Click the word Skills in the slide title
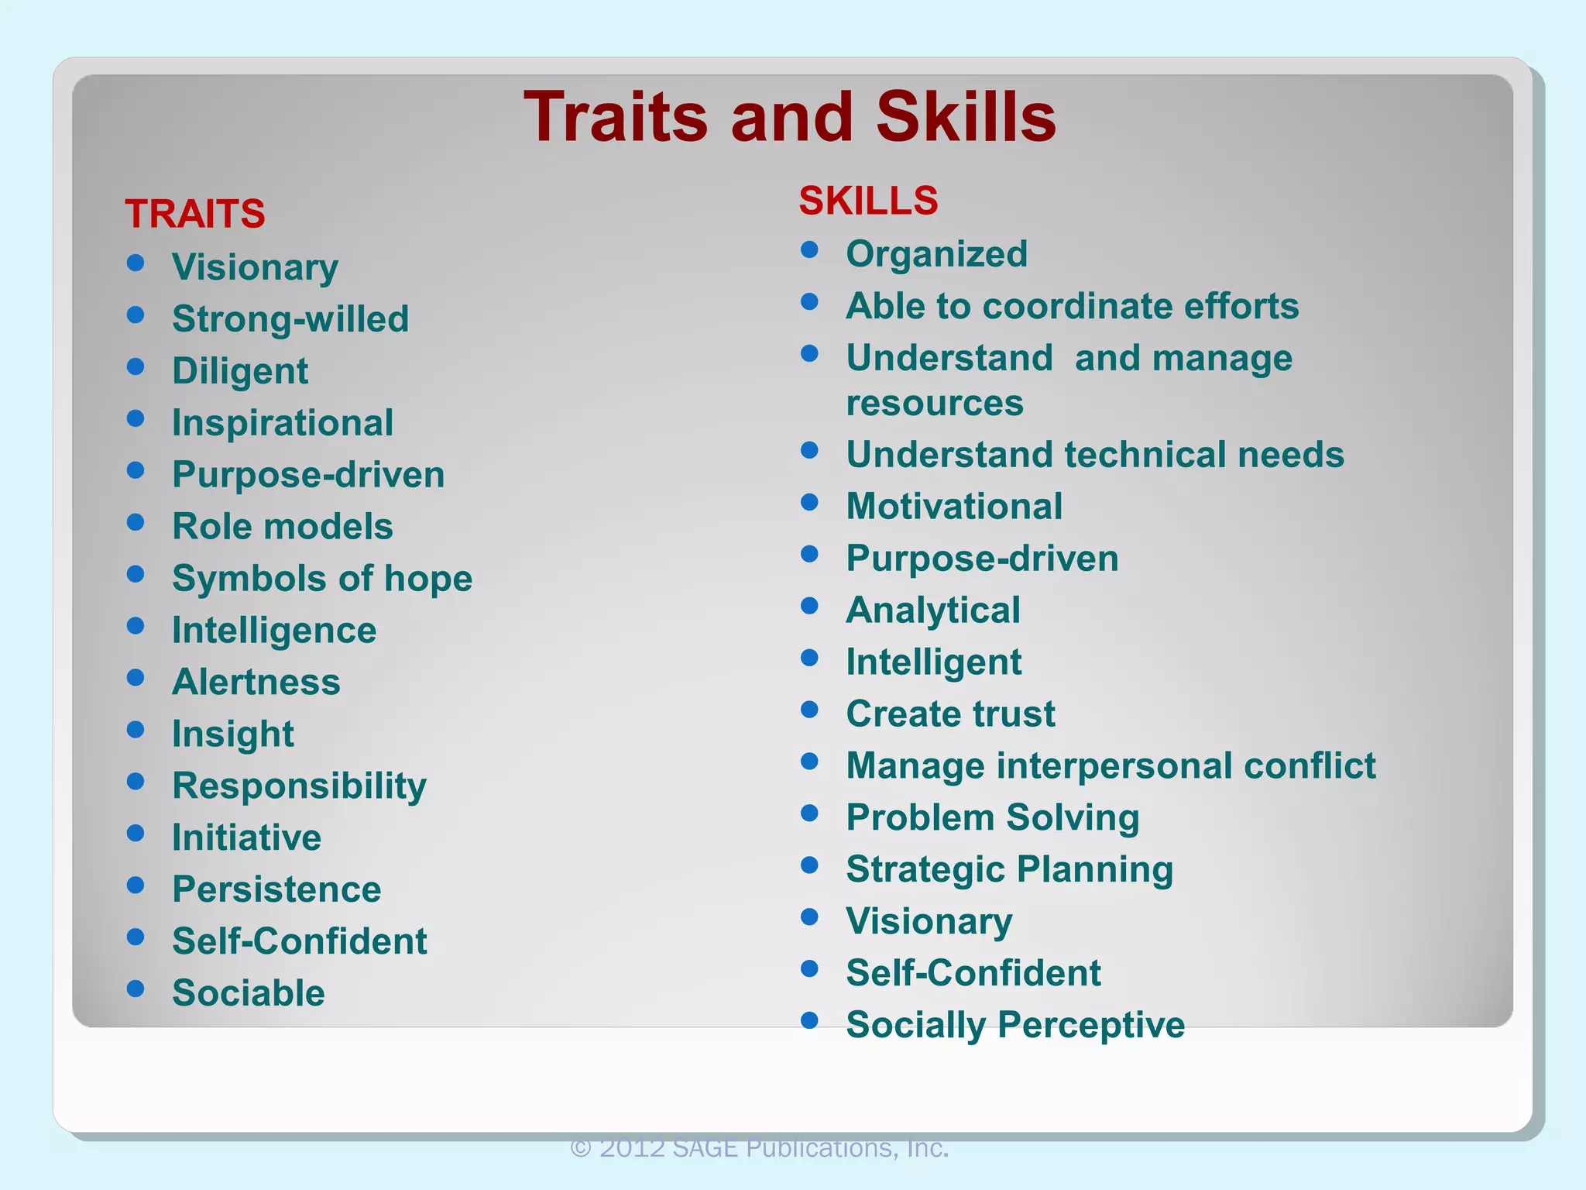point(966,117)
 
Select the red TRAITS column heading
point(195,214)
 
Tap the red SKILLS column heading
point(868,201)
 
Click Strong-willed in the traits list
point(290,319)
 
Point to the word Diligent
point(240,371)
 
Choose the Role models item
point(283,527)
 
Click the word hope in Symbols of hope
point(428,579)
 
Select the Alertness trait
point(256,683)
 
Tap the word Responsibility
point(299,786)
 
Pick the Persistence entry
point(276,889)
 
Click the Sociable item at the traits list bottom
point(249,993)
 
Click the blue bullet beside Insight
point(136,730)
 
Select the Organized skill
point(937,254)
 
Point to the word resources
point(935,403)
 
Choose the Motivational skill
point(954,507)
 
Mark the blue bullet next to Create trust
point(810,710)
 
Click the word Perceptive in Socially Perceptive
point(1091,1024)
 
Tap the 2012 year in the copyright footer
point(632,1147)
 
